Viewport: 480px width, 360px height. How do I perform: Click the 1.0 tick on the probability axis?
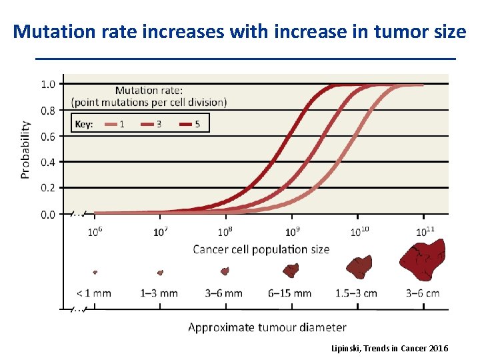click(x=48, y=85)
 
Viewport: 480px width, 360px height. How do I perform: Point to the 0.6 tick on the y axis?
click(x=48, y=137)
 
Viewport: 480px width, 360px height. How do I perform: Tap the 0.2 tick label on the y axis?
click(x=48, y=189)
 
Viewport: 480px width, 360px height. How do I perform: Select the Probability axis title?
click(x=25, y=149)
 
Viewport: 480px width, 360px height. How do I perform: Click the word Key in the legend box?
click(x=84, y=124)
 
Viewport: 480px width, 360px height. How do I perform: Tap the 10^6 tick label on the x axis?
click(x=95, y=232)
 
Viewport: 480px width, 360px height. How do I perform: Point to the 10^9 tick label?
click(x=292, y=232)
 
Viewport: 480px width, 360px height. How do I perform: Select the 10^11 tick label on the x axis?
click(x=425, y=232)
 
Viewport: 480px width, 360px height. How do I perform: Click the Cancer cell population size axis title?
click(x=261, y=249)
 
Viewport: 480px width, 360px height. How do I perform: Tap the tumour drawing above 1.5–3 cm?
click(x=359, y=268)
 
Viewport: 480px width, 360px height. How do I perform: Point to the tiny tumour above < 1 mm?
click(x=95, y=272)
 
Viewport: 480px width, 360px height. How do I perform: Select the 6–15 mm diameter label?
click(x=290, y=293)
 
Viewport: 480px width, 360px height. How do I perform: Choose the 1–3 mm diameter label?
click(x=159, y=293)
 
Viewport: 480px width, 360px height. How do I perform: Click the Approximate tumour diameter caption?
click(x=267, y=327)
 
